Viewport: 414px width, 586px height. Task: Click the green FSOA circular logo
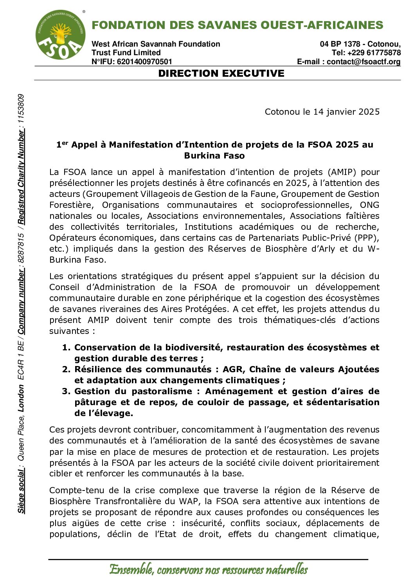pyautogui.click(x=60, y=35)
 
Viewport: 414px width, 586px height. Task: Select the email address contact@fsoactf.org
pyautogui.click(x=364, y=62)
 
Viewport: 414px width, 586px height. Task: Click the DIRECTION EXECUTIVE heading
pyautogui.click(x=221, y=74)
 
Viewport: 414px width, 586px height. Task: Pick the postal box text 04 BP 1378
pyautogui.click(x=340, y=44)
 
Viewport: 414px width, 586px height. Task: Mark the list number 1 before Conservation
pyautogui.click(x=66, y=348)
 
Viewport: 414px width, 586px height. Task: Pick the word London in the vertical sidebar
pyautogui.click(x=21, y=398)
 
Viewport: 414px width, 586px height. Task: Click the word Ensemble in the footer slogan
pyautogui.click(x=131, y=569)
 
